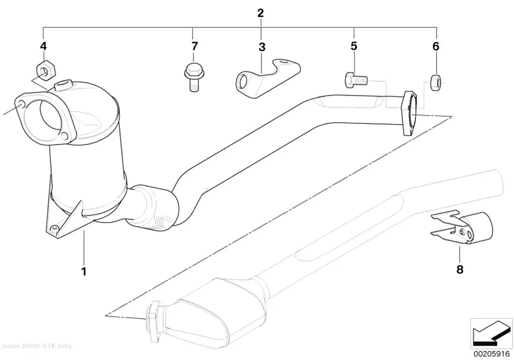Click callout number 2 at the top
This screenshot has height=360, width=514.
click(x=260, y=13)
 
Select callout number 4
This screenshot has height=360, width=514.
click(x=43, y=46)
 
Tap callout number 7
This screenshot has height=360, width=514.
click(x=194, y=46)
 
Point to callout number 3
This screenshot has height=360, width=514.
click(x=261, y=47)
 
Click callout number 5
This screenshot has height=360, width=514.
click(x=354, y=46)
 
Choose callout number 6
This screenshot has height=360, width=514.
click(x=436, y=47)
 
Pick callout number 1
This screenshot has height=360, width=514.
click(x=84, y=271)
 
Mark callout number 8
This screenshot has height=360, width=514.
click(x=460, y=270)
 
